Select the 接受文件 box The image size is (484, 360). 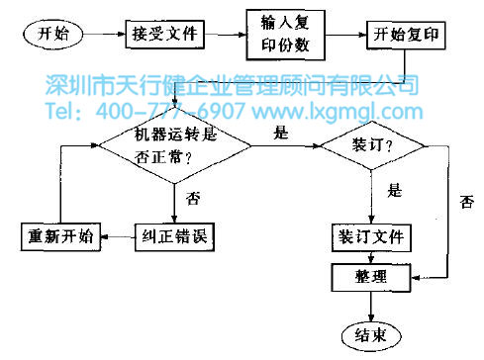(166, 36)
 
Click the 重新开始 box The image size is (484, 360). (58, 236)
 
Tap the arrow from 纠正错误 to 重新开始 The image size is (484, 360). (116, 237)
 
